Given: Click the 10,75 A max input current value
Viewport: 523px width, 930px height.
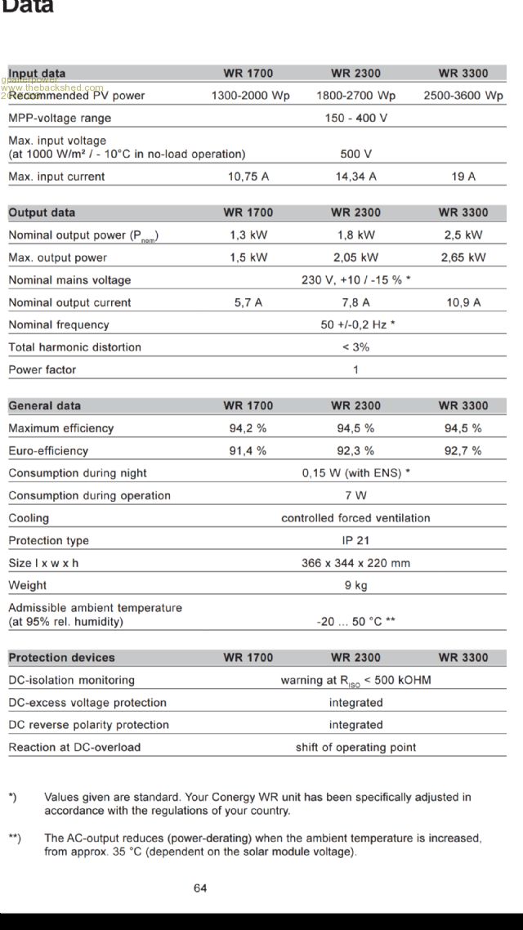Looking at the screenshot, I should click(248, 177).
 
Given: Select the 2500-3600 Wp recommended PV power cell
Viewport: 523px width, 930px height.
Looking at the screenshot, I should click(463, 96).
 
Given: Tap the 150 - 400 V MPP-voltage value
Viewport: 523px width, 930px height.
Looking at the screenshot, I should click(355, 118).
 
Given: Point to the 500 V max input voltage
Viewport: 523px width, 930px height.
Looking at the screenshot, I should click(355, 154).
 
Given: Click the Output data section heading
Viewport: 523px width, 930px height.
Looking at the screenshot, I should click(42, 212).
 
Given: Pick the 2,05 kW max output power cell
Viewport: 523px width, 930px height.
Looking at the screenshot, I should click(355, 257).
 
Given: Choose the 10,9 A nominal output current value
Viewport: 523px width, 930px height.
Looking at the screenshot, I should click(463, 302).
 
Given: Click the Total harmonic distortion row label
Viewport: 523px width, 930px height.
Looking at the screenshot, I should click(74, 347).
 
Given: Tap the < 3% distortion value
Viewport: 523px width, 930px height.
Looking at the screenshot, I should click(355, 347).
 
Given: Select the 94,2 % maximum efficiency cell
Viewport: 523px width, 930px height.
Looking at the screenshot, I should click(248, 428).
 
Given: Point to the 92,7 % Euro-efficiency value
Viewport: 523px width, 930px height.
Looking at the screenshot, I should click(463, 450).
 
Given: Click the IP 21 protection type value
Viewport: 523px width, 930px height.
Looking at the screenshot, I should click(355, 540).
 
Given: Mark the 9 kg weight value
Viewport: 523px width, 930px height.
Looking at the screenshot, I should click(355, 585).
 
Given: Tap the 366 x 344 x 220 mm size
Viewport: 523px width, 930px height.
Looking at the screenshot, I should click(355, 563).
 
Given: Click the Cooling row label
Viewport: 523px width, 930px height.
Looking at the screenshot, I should click(29, 518).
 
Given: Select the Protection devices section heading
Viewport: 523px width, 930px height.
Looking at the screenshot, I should click(61, 658).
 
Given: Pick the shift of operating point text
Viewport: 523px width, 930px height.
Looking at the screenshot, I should click(355, 747).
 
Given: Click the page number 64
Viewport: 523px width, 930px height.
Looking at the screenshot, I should click(200, 888).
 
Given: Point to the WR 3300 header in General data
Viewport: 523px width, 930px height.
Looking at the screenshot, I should click(463, 406).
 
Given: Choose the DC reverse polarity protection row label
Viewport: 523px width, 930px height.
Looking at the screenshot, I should click(88, 725).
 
